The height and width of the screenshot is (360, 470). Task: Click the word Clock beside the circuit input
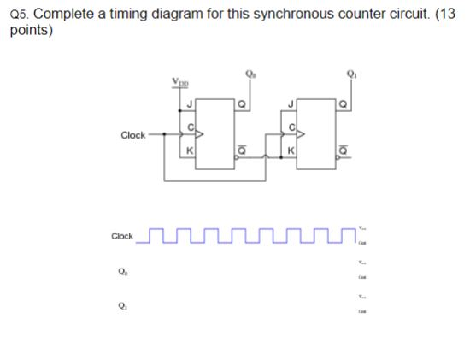[x=133, y=135]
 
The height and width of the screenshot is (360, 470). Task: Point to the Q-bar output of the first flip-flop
[x=241, y=149]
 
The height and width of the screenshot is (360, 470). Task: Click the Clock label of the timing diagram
[x=122, y=236]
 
